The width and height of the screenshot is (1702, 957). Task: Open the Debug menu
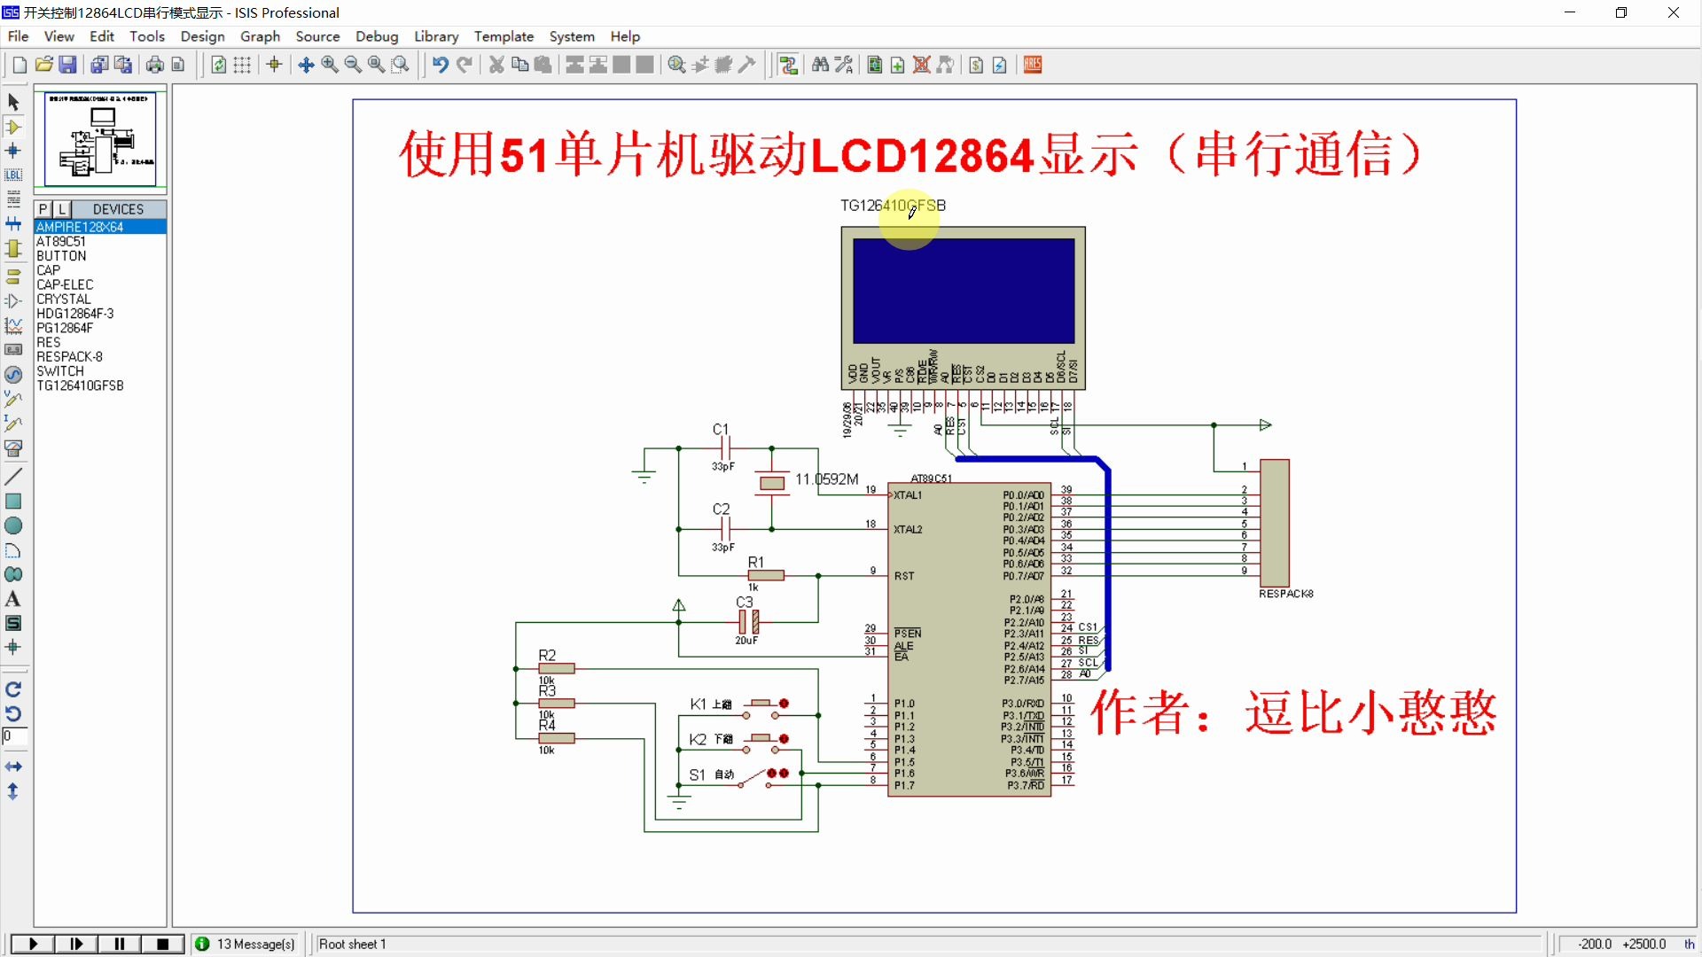coord(377,36)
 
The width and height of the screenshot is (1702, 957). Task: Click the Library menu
coord(436,36)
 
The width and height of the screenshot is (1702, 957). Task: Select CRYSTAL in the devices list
coord(63,300)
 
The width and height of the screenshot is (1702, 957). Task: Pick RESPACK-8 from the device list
coord(69,357)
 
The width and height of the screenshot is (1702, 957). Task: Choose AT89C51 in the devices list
coord(61,241)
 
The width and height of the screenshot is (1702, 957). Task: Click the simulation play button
coord(33,944)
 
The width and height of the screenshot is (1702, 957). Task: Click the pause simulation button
coord(120,944)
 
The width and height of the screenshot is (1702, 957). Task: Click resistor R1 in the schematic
coord(766,575)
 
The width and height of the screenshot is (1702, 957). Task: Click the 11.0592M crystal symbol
coord(772,483)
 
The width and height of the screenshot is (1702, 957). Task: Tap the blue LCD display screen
coord(964,291)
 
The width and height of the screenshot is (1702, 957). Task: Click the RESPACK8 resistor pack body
coord(1274,523)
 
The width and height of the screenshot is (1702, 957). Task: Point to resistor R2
coord(556,668)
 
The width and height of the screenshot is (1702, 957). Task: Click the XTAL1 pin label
coord(908,495)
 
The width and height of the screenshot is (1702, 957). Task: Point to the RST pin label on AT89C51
coord(904,576)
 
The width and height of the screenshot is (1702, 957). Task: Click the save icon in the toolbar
coord(67,65)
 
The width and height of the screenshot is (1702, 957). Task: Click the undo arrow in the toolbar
coord(440,65)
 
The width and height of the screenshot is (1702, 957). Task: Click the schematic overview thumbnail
coord(100,138)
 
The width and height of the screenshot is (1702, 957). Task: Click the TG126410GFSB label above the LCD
coord(893,206)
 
